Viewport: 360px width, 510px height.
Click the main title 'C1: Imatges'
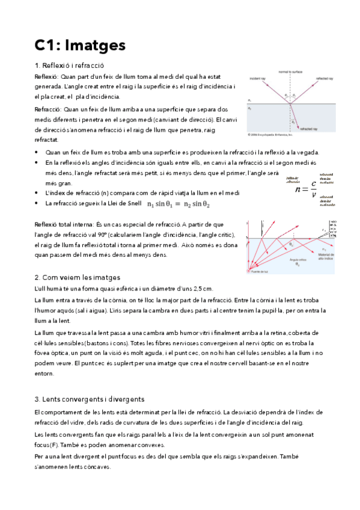80,45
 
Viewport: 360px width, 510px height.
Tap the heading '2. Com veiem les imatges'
78,277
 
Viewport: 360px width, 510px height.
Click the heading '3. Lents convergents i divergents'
89,399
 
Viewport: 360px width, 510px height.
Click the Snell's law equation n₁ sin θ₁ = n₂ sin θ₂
178,204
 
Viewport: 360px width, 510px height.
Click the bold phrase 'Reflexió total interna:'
65,224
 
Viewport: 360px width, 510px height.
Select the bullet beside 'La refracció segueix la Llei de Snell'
37,204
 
